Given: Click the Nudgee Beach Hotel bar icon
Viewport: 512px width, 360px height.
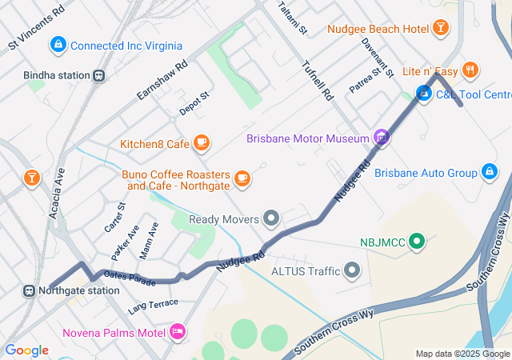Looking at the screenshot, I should [439, 29].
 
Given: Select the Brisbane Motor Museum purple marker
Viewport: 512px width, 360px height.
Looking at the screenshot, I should [382, 138].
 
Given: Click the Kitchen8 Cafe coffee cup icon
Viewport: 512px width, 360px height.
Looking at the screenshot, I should [201, 144].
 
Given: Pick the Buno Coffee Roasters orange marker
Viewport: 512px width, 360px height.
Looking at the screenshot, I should [242, 178].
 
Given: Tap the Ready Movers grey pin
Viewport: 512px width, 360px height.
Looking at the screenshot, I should [272, 218].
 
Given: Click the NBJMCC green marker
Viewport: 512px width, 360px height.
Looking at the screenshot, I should [416, 241].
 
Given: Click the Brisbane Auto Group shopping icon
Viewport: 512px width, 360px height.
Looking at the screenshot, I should [489, 172].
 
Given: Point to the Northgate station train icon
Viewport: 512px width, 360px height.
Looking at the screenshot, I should [30, 290].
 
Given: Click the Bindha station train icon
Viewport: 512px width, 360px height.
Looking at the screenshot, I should [98, 76].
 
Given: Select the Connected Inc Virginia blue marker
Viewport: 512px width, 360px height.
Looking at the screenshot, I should [58, 46].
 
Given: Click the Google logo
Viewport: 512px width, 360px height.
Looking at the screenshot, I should [26, 350].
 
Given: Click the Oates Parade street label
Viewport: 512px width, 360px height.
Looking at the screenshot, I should [129, 278].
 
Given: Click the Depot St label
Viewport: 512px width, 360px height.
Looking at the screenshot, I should [194, 103].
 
